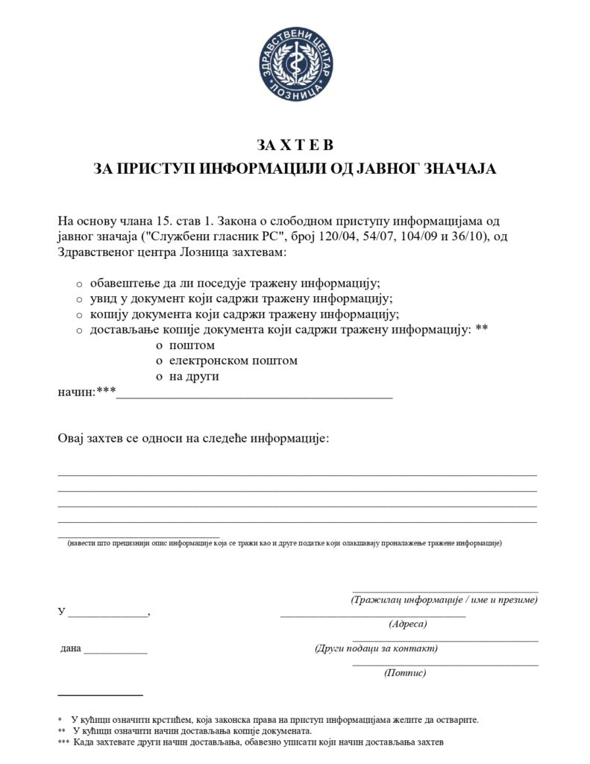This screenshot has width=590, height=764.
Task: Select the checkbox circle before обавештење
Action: click(80, 284)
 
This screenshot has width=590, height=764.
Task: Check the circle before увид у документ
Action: click(80, 299)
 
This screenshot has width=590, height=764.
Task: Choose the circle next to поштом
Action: click(160, 346)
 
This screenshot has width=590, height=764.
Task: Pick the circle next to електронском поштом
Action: click(160, 361)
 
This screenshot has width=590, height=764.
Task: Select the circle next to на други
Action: click(160, 378)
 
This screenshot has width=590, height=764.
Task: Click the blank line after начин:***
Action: click(254, 396)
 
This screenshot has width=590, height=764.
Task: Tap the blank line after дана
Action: click(116, 651)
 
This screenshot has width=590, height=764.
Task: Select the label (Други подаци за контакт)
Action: click(377, 648)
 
